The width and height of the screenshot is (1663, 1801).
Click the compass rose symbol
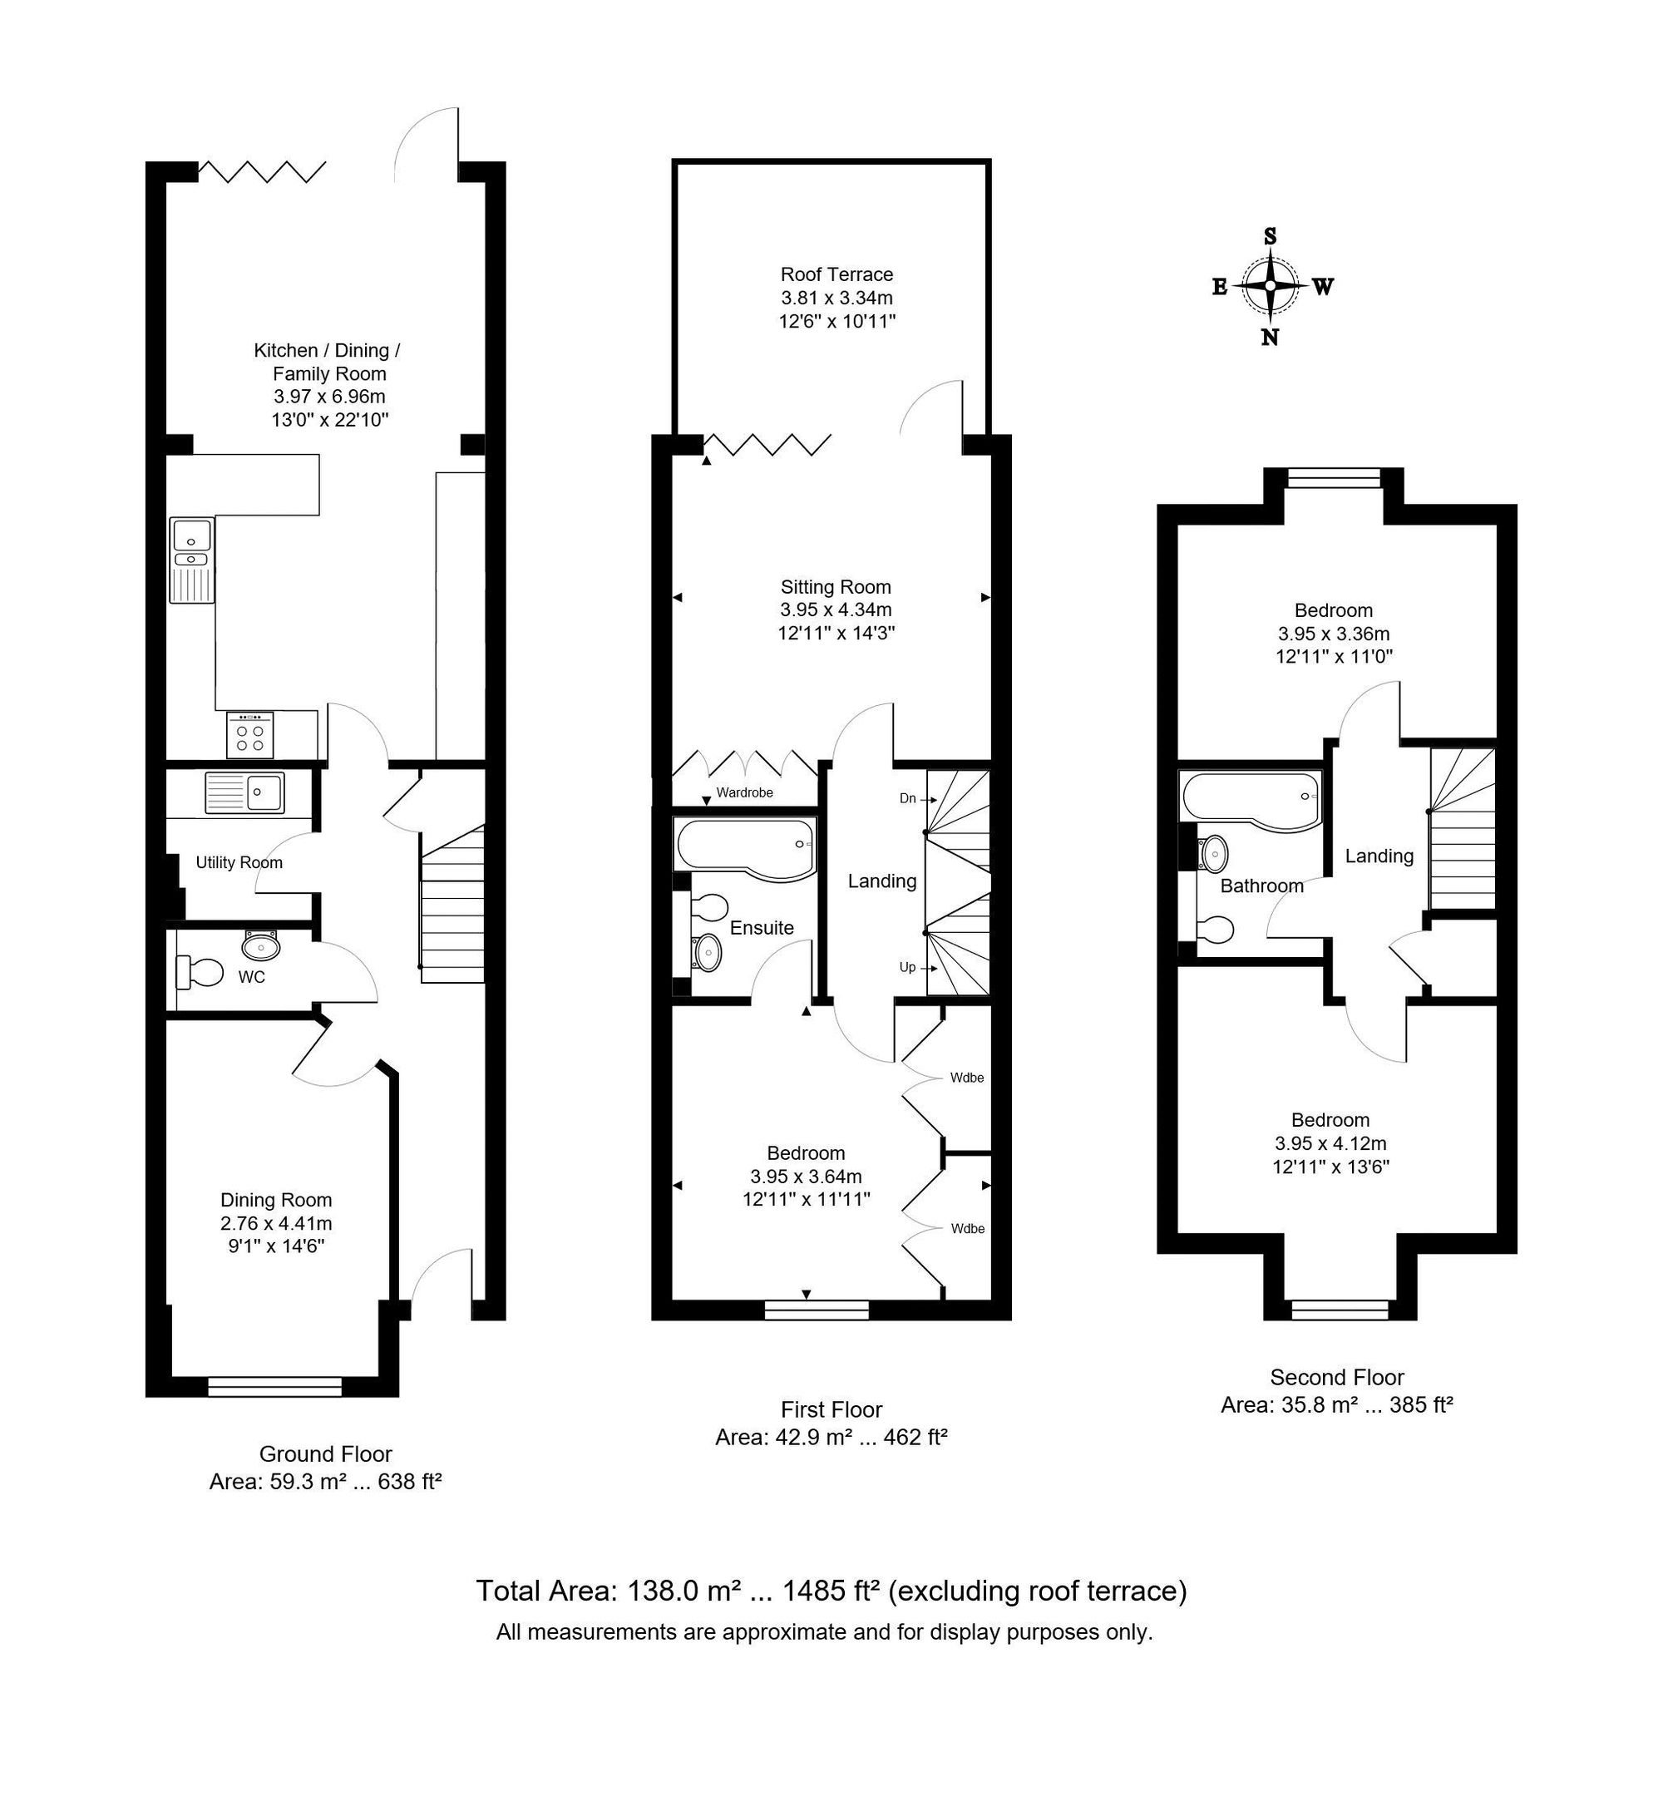tap(1270, 286)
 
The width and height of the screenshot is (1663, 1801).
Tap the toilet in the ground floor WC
tap(200, 972)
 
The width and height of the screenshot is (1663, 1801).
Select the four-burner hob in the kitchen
tap(250, 734)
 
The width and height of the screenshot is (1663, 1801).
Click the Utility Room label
tap(239, 862)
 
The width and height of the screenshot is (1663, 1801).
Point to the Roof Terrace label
tap(836, 274)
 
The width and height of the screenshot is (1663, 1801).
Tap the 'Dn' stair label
tap(908, 798)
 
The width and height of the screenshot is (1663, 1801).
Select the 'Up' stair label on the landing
tap(907, 968)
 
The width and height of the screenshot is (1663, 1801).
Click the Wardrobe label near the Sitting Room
tap(744, 793)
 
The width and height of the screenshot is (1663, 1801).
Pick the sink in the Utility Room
tap(244, 793)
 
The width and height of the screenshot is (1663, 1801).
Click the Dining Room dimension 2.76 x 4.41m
tap(276, 1223)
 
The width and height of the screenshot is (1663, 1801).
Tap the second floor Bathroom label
tap(1261, 886)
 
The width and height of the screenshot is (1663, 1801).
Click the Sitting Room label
tap(836, 587)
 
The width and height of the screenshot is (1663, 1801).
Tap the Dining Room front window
tap(274, 1387)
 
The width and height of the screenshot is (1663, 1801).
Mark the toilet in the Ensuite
tap(708, 906)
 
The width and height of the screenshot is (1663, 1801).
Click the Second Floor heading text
tap(1336, 1377)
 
